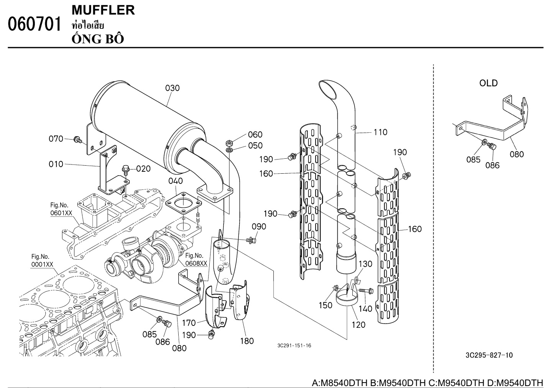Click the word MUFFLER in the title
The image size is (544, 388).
tap(103, 10)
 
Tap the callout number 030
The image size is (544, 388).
tap(173, 88)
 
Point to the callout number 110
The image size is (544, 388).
tap(380, 132)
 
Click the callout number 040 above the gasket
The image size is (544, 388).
tap(175, 181)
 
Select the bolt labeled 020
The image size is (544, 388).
tap(126, 169)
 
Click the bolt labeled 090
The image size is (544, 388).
tap(251, 240)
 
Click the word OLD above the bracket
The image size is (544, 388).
tap(488, 83)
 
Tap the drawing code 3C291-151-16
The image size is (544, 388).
tap(294, 346)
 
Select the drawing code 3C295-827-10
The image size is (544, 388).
tap(489, 355)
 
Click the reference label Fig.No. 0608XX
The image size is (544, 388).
tap(196, 260)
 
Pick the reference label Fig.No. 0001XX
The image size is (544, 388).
tap(42, 261)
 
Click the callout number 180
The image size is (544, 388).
tap(247, 340)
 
